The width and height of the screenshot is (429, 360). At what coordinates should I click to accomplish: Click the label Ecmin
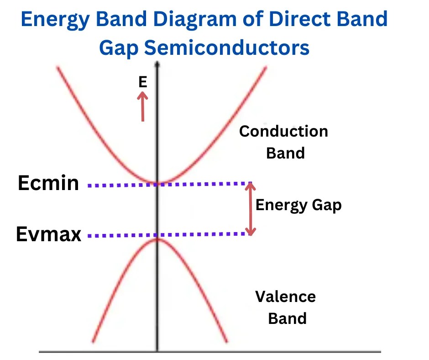[48, 183]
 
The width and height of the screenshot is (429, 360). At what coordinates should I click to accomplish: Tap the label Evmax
[48, 234]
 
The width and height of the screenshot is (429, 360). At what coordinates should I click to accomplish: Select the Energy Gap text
[298, 205]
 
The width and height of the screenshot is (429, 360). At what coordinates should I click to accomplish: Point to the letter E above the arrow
[143, 82]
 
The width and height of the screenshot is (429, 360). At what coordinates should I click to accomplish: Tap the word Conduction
[283, 132]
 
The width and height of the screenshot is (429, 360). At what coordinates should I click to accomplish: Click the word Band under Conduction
[285, 153]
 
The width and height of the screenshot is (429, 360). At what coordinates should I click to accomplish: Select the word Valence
[285, 296]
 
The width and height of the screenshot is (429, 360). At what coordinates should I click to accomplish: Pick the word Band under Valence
[287, 318]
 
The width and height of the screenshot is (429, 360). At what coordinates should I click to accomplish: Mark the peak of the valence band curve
[158, 239]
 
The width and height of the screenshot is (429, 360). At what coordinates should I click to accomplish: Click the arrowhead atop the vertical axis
[157, 64]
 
